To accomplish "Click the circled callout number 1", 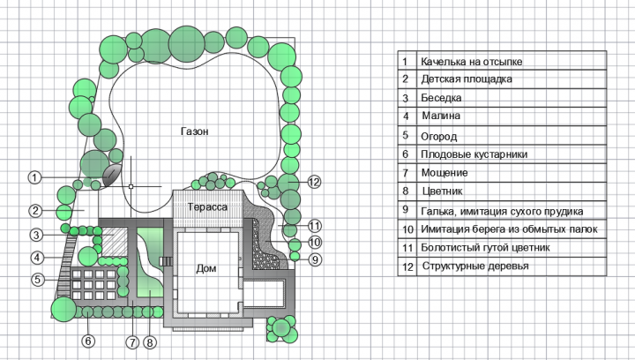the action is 34,177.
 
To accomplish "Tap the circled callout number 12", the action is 314,183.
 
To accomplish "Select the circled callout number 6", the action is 88,341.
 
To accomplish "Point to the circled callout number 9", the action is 316,259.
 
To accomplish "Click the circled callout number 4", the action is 37,257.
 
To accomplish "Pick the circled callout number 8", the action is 149,342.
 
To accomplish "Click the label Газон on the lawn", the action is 195,131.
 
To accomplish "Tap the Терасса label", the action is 207,207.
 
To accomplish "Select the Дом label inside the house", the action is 206,268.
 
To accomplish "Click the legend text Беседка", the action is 441,98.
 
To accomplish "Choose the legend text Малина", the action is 441,116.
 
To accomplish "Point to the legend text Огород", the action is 439,137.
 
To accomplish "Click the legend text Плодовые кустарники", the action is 474,154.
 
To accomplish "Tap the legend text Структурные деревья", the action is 475,266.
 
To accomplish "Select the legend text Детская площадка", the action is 467,79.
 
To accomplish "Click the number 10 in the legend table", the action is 407,229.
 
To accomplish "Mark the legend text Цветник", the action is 442,191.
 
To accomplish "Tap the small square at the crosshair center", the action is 131,186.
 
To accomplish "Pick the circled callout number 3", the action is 36,235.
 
